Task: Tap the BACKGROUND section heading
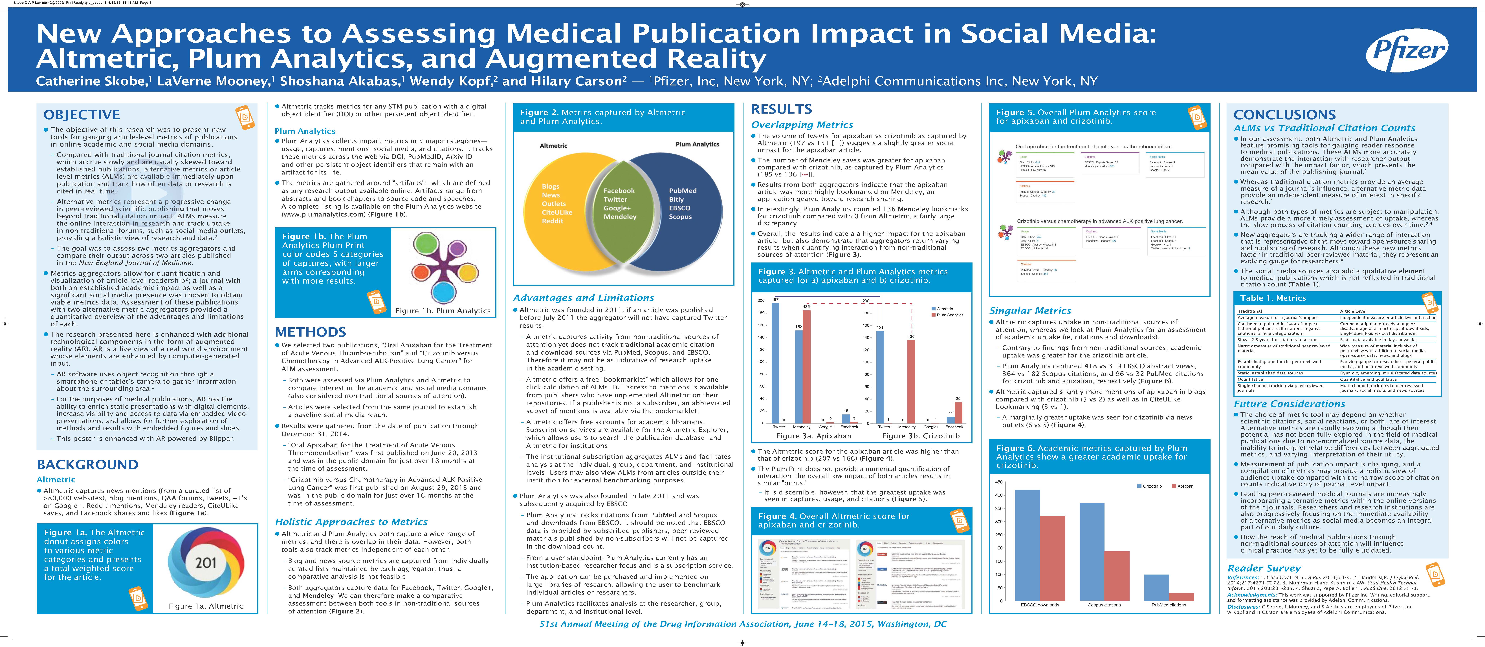pos(88,465)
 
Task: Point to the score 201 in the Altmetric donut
pos(206,562)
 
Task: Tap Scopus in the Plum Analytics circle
pos(680,217)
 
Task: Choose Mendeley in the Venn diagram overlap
pos(620,217)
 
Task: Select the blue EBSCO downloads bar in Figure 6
pos(1027,545)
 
